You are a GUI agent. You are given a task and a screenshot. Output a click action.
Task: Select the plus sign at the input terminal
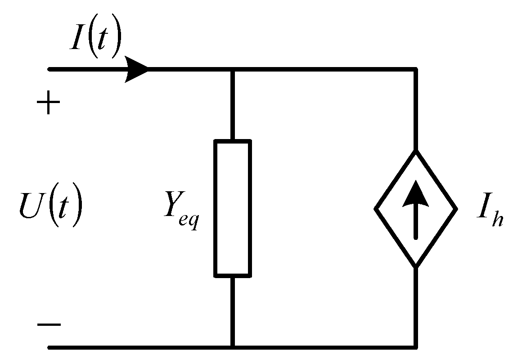(48, 105)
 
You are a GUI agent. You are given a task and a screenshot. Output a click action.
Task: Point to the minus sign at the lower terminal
(48, 325)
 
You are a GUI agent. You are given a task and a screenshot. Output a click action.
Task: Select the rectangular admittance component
(232, 208)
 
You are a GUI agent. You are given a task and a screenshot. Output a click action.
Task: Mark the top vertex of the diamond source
(416, 152)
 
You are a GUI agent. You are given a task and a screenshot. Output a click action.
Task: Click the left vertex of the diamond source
(376, 209)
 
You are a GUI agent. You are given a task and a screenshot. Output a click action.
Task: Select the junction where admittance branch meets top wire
(232, 70)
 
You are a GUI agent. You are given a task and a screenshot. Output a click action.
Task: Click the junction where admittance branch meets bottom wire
(232, 347)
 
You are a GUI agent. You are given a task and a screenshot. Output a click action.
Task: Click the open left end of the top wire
(50, 70)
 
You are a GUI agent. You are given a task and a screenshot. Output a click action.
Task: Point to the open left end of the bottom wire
(50, 347)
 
